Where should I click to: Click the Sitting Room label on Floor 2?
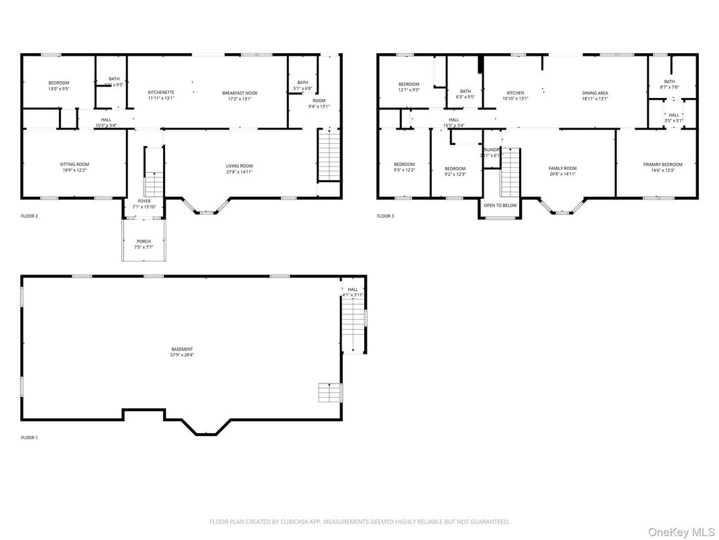[x=74, y=165]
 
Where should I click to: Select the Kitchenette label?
[x=161, y=92]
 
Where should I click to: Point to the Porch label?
[x=144, y=241]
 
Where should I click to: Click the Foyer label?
[x=144, y=201]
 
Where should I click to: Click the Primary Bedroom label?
[x=663, y=165]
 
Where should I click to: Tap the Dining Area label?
[x=595, y=93]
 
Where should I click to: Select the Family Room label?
[x=562, y=169]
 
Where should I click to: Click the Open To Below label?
[x=500, y=206]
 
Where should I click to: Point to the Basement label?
[x=182, y=349]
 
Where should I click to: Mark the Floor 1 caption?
[x=30, y=438]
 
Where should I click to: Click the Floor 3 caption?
[x=385, y=216]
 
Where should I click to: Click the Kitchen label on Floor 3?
[x=515, y=93]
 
